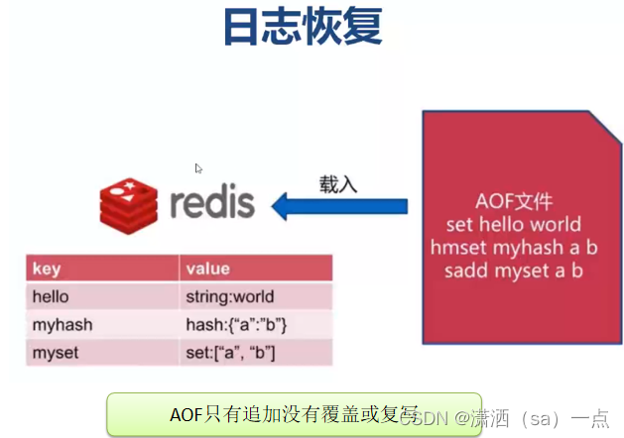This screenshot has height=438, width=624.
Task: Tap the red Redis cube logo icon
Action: tap(129, 203)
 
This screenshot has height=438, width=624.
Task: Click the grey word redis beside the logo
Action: tap(211, 203)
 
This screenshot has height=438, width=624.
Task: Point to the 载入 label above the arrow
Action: tap(338, 183)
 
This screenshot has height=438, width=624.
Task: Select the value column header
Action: tap(207, 269)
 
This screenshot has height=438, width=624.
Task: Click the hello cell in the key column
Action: tap(52, 296)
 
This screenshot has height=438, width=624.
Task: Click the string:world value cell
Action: tap(229, 296)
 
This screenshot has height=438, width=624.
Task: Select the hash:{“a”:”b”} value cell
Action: tap(236, 325)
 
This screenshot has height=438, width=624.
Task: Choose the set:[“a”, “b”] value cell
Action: tap(230, 353)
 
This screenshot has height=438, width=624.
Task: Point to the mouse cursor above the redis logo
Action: tap(199, 168)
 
